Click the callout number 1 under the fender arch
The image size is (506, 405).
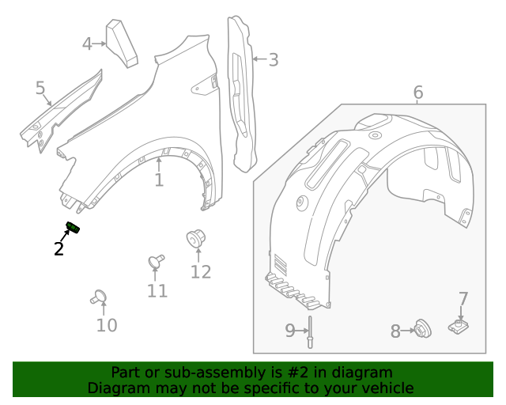coord(159,181)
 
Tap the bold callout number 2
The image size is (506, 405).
coord(59,249)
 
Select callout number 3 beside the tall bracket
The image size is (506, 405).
coord(273,59)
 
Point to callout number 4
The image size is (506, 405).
coord(88,44)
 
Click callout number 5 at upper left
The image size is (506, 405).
coord(40,88)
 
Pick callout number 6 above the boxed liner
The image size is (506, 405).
coord(417,93)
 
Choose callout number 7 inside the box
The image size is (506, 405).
coord(463,299)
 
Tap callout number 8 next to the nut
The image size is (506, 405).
coord(395,331)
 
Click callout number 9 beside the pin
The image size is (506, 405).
coord(290,331)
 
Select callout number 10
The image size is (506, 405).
coord(107,325)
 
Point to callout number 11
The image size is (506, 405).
coord(157,291)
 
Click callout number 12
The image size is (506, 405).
coord(201,272)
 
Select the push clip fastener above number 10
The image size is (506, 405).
coord(99,297)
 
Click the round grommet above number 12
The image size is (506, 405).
coord(195,237)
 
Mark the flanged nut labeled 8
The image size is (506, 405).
coord(422,328)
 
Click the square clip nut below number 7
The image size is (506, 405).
coord(458,326)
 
